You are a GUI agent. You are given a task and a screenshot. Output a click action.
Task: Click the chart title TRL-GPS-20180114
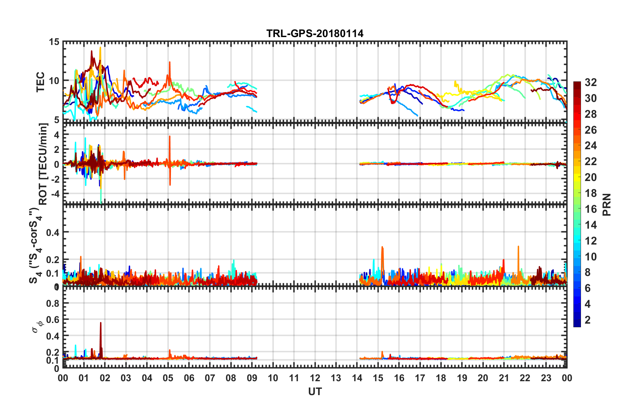[x=315, y=33]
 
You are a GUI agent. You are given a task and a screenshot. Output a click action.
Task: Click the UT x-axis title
[x=315, y=392]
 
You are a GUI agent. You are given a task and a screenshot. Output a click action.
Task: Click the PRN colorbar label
[x=606, y=204]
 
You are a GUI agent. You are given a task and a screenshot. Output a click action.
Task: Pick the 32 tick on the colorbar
[x=591, y=82]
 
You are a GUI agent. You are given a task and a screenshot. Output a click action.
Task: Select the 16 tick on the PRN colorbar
[x=591, y=209]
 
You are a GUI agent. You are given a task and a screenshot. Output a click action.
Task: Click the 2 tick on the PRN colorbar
[x=588, y=320]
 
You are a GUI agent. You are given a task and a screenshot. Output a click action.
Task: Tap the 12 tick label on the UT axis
[x=315, y=378]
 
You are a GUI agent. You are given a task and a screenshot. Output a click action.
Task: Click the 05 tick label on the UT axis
[x=168, y=378]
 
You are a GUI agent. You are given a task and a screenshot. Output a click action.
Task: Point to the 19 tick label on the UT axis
[x=462, y=378]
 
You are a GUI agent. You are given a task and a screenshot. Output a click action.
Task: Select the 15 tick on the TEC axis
[x=54, y=42]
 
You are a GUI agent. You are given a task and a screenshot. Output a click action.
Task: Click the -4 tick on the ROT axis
[x=55, y=193]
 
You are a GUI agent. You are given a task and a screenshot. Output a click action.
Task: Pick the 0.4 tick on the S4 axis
[x=53, y=232]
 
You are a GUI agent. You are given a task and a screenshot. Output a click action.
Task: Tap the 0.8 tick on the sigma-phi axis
[x=53, y=303]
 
